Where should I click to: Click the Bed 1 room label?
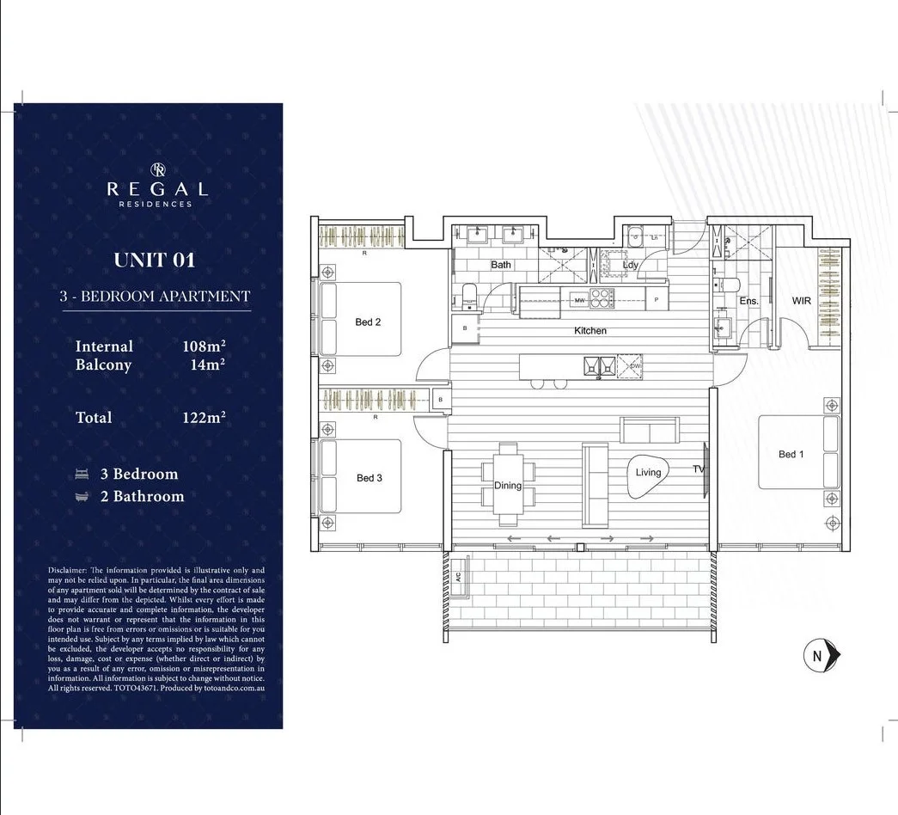click(x=791, y=454)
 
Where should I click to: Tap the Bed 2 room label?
click(x=368, y=322)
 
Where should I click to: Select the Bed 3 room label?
click(x=369, y=478)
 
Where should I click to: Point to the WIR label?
click(x=801, y=301)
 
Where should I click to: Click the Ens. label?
click(x=748, y=301)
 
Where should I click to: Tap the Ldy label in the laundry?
click(x=631, y=266)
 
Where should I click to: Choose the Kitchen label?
click(x=590, y=331)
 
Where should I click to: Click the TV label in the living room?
click(x=699, y=469)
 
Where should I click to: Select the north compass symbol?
click(x=818, y=656)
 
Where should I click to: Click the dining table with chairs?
click(x=508, y=484)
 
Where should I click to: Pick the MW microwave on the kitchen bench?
click(x=579, y=300)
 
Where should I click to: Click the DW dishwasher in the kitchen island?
click(x=634, y=367)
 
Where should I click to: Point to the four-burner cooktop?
click(x=602, y=298)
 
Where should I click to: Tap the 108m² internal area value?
click(x=204, y=346)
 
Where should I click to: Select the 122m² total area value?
click(x=204, y=417)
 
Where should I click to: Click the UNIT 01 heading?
click(x=155, y=260)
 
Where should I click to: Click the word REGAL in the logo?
click(x=156, y=189)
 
